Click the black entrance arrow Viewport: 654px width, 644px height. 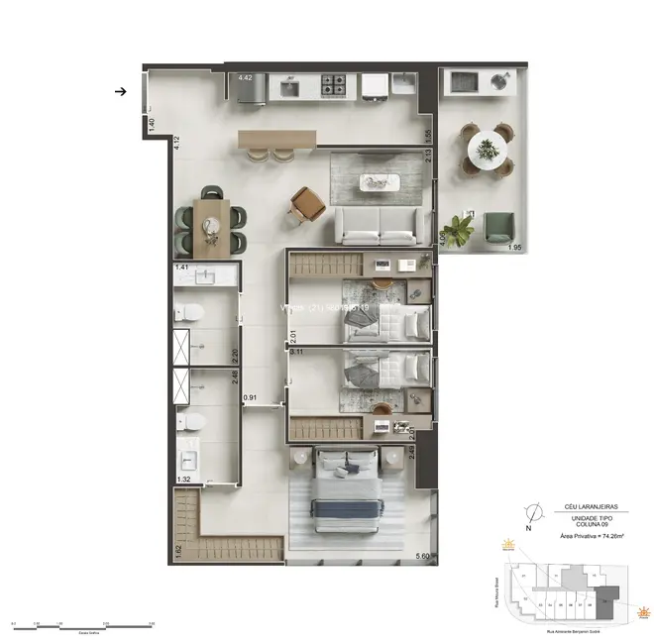point(120,91)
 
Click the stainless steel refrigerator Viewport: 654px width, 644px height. point(250,88)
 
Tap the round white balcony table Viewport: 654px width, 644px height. point(487,150)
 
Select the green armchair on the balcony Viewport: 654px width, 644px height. point(497,230)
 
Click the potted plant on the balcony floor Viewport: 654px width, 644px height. point(458,232)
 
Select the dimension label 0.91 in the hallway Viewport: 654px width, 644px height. point(252,398)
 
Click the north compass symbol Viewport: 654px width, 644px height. point(534,513)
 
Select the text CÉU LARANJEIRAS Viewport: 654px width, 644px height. point(578,505)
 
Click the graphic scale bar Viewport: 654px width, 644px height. point(82,624)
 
